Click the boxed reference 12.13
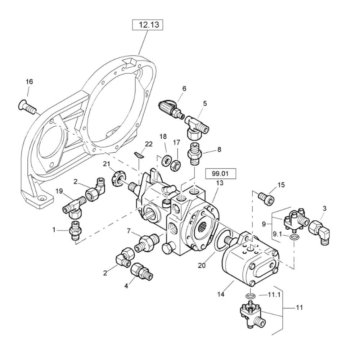(147, 25)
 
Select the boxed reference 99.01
(220, 174)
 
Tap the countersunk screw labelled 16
(27, 106)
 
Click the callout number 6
(184, 89)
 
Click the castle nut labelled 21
(118, 177)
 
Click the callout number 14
(221, 294)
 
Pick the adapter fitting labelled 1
(76, 230)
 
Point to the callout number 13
(220, 183)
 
